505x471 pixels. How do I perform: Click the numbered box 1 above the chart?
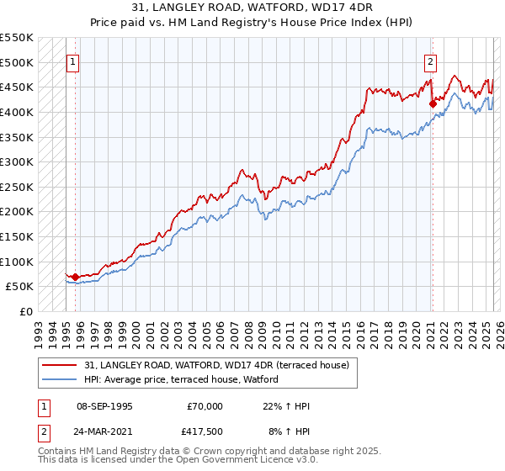[x=72, y=61]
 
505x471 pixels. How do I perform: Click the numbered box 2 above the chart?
[x=430, y=61]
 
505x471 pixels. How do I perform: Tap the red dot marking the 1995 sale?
[x=75, y=276]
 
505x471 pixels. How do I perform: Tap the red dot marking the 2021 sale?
[x=433, y=104]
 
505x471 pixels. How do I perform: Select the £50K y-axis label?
[x=20, y=287]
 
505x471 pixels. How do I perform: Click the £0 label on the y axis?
[x=27, y=311]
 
